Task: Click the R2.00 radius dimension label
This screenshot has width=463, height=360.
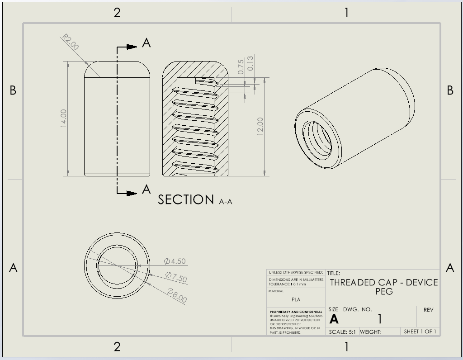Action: tap(71, 42)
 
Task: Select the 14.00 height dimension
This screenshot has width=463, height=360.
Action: tap(64, 118)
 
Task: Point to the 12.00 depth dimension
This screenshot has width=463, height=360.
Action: tap(260, 126)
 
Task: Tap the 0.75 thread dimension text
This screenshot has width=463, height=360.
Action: tap(241, 66)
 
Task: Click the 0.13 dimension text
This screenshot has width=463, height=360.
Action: tap(250, 63)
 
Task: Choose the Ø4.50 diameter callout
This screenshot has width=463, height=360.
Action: tap(175, 261)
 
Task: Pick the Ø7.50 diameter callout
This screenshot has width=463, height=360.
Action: tap(176, 277)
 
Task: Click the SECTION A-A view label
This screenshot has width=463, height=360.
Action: tap(194, 199)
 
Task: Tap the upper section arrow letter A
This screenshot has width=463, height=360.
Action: tap(146, 43)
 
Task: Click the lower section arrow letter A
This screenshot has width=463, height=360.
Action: tap(146, 189)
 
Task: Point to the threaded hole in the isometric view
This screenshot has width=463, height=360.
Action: tap(317, 139)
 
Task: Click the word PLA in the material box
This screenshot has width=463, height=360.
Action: tap(296, 299)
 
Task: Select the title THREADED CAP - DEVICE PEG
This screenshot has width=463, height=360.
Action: tap(383, 287)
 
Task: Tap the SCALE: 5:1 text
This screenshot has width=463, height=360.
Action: tap(342, 332)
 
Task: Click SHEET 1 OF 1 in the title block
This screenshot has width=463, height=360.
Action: tap(420, 332)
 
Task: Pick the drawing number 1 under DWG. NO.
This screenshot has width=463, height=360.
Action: tap(379, 319)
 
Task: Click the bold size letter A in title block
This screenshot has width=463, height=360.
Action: tap(334, 319)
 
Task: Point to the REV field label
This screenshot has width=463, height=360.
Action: tap(428, 310)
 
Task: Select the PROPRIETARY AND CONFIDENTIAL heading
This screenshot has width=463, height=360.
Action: tap(296, 312)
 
